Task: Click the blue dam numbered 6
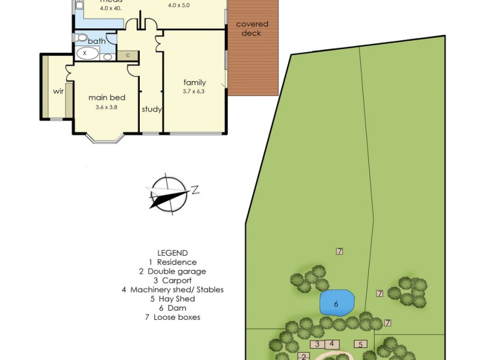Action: point(337,303)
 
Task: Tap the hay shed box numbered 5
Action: point(360,344)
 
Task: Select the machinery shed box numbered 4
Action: point(332,344)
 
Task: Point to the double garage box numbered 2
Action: point(304,356)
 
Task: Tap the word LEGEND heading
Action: point(173,253)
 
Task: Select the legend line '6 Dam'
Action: point(173,308)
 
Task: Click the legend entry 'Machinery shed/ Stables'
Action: point(173,289)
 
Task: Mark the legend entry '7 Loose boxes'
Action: point(173,317)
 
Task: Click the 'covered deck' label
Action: point(252,29)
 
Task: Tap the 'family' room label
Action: point(195,83)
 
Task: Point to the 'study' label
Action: point(152,109)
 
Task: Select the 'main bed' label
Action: point(107,97)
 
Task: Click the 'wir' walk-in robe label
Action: point(58,91)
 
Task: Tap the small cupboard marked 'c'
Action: point(128,56)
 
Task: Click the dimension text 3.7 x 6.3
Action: point(194,92)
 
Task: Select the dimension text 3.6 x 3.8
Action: point(106,107)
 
